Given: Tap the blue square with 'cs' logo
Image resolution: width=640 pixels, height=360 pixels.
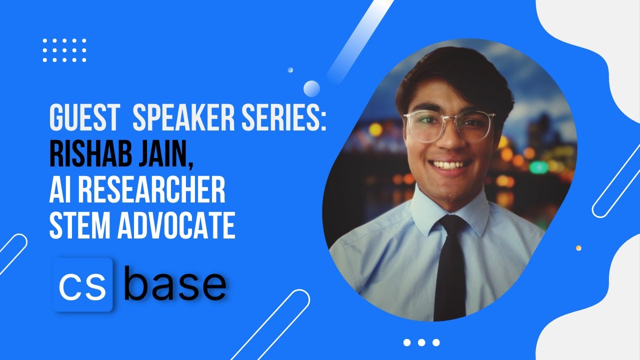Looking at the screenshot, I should pos(82,285).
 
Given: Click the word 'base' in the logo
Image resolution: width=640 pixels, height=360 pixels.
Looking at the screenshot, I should pos(175,285).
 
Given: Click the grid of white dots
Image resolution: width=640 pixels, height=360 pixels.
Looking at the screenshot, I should pos(64,50).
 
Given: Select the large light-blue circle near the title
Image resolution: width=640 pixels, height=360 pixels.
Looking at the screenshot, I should pos(311,88).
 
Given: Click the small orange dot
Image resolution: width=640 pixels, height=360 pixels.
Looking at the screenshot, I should pos(578,248).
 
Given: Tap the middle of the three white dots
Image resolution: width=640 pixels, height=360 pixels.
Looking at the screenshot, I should pos(421,342).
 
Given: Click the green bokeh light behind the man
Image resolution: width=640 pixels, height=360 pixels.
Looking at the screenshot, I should pos(539,167).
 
